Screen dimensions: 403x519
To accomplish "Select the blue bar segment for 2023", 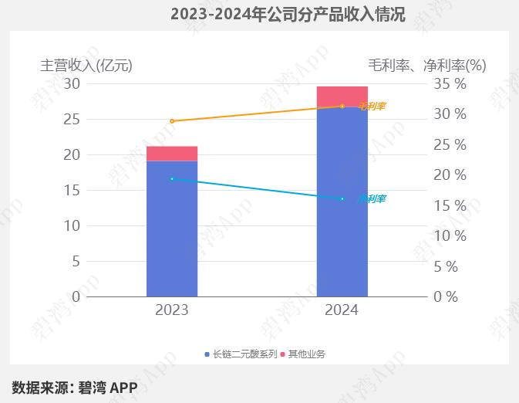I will [x=172, y=228].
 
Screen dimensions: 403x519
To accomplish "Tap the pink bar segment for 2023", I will [x=172, y=153].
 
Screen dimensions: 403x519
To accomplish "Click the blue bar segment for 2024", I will [x=342, y=201].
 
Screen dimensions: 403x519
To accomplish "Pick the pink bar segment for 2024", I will [x=342, y=97].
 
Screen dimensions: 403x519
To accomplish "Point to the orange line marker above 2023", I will [x=172, y=121].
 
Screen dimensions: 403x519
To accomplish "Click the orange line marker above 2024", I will [x=342, y=106].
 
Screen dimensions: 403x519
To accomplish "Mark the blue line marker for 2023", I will [x=172, y=178].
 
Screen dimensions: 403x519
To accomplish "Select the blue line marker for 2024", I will [x=342, y=199].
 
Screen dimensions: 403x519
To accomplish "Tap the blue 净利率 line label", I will [x=372, y=199].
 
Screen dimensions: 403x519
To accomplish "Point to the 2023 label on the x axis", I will [x=172, y=310].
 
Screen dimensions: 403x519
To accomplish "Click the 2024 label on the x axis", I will [x=342, y=310].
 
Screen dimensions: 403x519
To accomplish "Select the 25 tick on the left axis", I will [x=70, y=119].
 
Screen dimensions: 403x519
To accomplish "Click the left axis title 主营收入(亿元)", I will [x=86, y=66].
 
